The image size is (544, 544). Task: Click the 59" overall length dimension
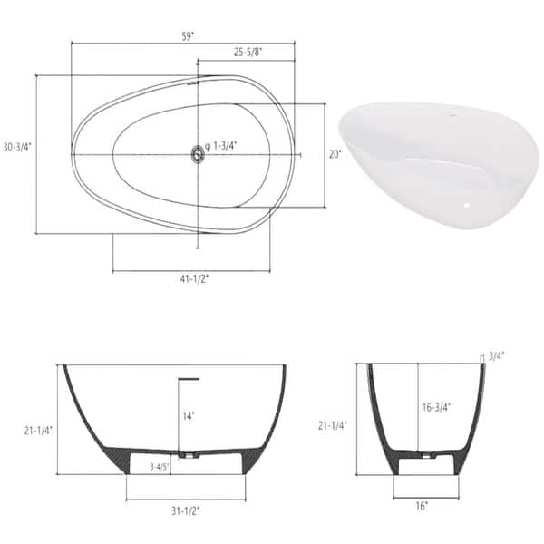(x=188, y=34)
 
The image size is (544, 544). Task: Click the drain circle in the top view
(x=197, y=154)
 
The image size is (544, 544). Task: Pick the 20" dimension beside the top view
(x=335, y=154)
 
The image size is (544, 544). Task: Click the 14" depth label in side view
(x=187, y=416)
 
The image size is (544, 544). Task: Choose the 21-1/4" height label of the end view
(x=335, y=424)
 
